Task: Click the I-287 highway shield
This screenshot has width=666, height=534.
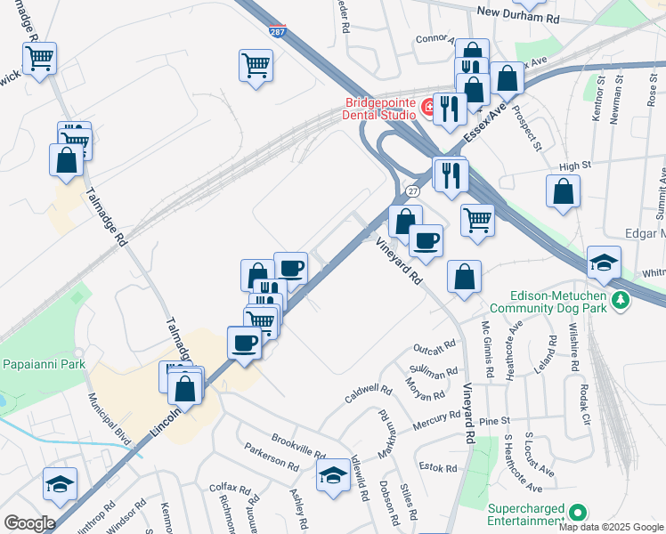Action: click(278, 31)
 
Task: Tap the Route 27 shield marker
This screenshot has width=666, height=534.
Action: click(412, 191)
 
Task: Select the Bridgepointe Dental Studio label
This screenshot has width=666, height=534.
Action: click(380, 108)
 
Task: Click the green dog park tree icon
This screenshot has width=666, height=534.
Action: click(621, 300)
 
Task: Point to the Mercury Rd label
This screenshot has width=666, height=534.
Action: click(436, 422)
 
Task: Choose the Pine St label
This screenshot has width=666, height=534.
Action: click(492, 420)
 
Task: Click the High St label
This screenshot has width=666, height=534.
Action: click(575, 166)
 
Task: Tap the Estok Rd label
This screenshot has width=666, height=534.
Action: click(438, 468)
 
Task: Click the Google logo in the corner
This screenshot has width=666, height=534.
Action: click(28, 523)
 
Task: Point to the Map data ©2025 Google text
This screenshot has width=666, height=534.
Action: click(611, 527)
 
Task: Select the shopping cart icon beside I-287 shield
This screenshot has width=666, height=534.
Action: click(256, 65)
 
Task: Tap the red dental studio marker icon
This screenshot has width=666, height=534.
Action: click(428, 109)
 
